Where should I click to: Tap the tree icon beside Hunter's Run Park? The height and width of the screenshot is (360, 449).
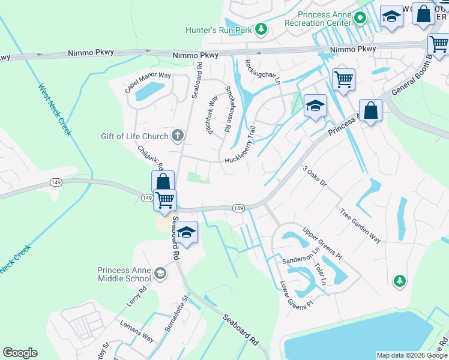261,29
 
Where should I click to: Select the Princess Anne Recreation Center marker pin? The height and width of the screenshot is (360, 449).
360,18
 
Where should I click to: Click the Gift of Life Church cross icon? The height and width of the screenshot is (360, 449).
177,136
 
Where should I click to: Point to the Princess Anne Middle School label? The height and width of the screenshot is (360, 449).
125,274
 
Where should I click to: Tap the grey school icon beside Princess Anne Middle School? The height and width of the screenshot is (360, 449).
160,274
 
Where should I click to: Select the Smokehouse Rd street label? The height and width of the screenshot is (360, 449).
228,109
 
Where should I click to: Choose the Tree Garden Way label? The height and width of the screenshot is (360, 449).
360,226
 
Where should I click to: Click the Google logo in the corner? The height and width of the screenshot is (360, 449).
20,353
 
